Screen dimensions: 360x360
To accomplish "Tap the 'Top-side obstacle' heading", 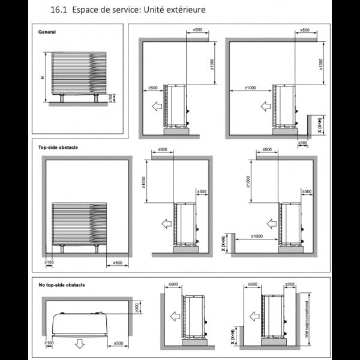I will coord(58,147).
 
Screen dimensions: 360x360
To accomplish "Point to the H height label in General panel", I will coord(42,78).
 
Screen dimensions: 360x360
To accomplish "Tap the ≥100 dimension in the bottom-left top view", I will coord(49,343).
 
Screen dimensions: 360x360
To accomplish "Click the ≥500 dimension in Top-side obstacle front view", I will coord(116,262).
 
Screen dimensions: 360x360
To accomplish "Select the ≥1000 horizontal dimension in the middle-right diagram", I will coord(257,237).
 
